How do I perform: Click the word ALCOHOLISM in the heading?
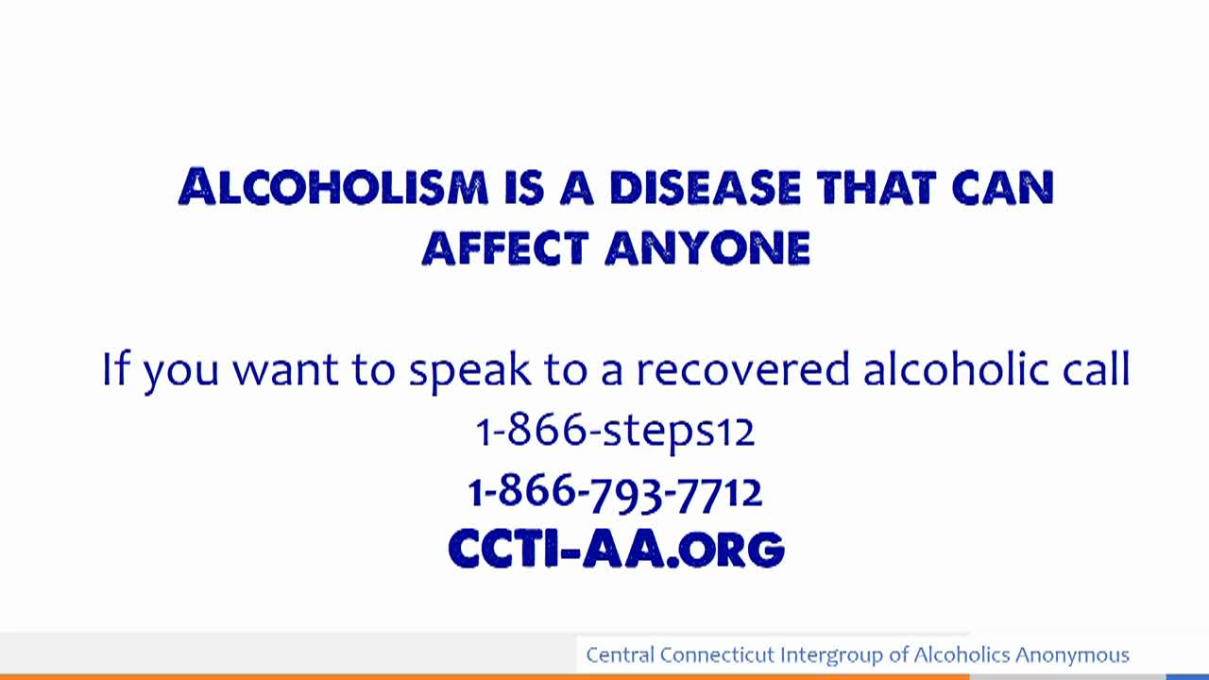click(x=333, y=187)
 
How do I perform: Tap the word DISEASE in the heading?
click(x=706, y=188)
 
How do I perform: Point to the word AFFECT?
click(x=505, y=247)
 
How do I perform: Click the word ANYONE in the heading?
click(x=707, y=247)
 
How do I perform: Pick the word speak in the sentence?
click(x=469, y=370)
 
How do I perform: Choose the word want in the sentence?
click(x=285, y=371)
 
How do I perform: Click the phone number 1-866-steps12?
click(x=615, y=432)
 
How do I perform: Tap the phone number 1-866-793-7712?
click(x=615, y=492)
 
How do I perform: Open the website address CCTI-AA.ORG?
click(x=617, y=549)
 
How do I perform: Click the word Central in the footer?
click(x=620, y=654)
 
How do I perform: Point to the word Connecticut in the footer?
click(x=718, y=654)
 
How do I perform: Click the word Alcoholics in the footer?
click(x=962, y=654)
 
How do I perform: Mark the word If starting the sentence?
click(x=115, y=368)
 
